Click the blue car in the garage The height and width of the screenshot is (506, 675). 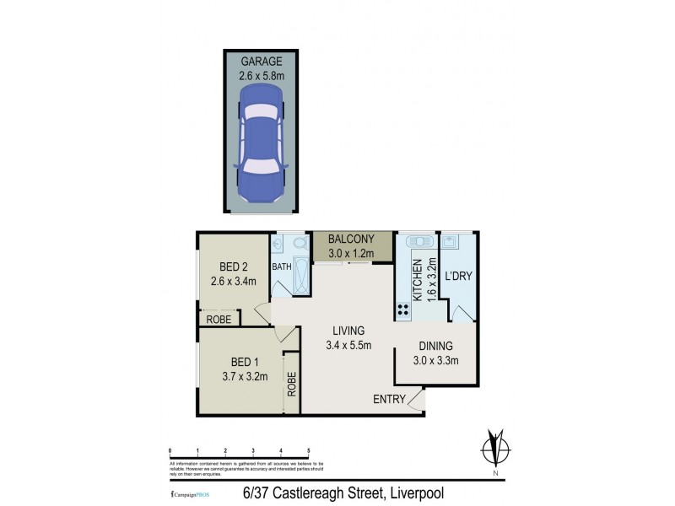tap(262, 142)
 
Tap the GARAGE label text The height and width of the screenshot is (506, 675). tap(262, 62)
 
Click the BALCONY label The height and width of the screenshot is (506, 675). tap(354, 239)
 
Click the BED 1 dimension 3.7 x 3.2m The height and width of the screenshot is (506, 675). tap(240, 377)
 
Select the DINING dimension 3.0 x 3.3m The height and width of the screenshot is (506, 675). tap(435, 360)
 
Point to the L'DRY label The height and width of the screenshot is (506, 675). tap(457, 276)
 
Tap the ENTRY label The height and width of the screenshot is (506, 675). tap(389, 399)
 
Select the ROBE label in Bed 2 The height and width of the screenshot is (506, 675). tap(219, 320)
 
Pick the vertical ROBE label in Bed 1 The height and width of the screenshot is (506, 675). tap(292, 385)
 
